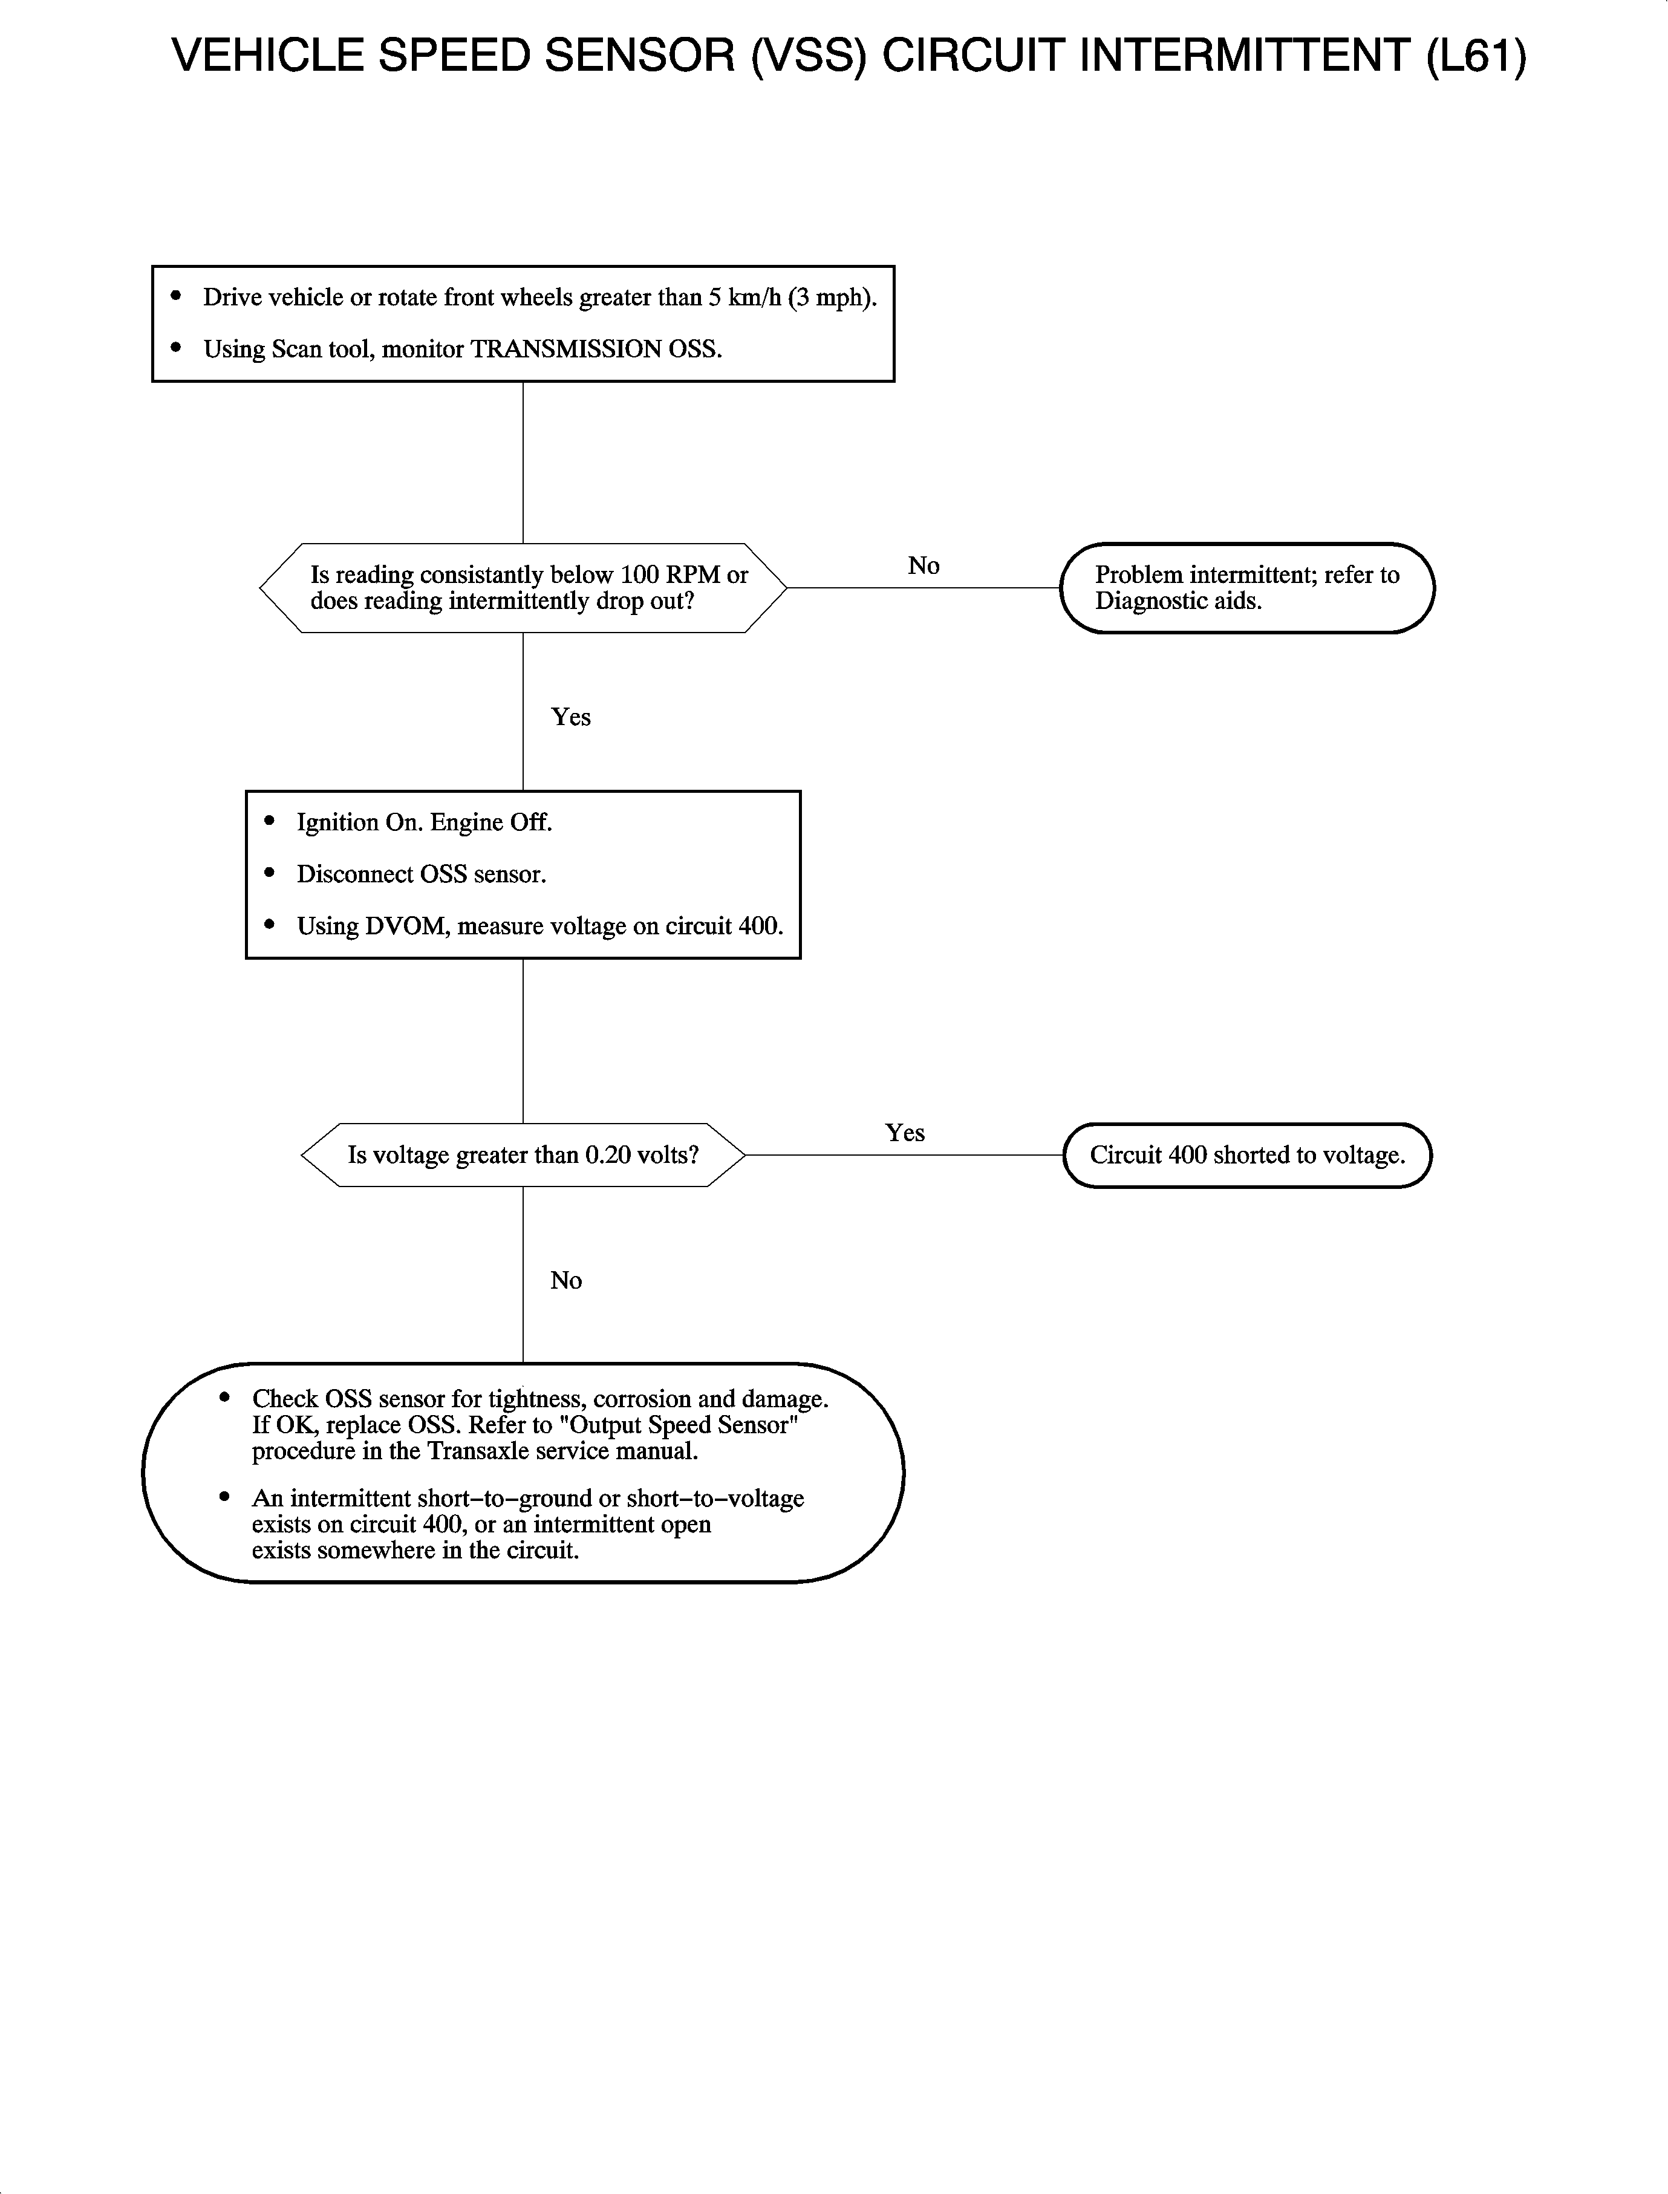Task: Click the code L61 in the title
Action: pyautogui.click(x=1476, y=56)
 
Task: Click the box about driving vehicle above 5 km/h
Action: pyautogui.click(x=523, y=324)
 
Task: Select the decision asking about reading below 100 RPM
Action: pyautogui.click(x=523, y=588)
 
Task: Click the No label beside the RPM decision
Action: pyautogui.click(x=924, y=566)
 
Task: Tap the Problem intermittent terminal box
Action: pyautogui.click(x=1247, y=588)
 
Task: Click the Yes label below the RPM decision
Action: pyautogui.click(x=571, y=717)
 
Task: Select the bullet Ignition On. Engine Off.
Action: pyautogui.click(x=424, y=822)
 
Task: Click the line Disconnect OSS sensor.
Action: pyautogui.click(x=421, y=874)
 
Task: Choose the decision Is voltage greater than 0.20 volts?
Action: pyautogui.click(x=523, y=1154)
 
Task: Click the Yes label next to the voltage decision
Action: pyautogui.click(x=905, y=1133)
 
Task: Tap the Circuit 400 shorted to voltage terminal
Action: pyautogui.click(x=1247, y=1154)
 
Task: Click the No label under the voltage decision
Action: pyautogui.click(x=566, y=1281)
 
